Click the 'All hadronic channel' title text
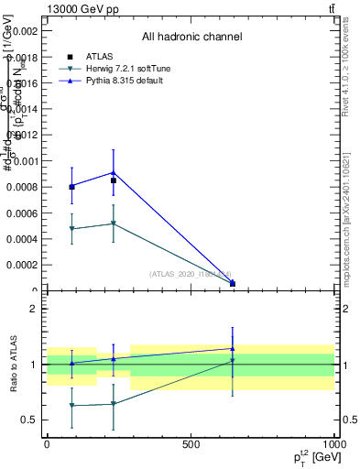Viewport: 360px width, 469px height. [191, 38]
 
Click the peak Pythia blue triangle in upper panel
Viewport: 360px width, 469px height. [113, 172]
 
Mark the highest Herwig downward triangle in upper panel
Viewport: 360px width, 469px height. [113, 224]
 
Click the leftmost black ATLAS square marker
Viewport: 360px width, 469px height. [71, 187]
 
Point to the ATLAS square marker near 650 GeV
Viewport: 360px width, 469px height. [233, 284]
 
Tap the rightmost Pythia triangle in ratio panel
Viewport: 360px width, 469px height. [233, 348]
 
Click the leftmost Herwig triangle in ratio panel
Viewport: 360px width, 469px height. [71, 405]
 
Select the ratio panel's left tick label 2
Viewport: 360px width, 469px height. [33, 309]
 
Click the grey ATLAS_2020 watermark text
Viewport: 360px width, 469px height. [190, 273]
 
